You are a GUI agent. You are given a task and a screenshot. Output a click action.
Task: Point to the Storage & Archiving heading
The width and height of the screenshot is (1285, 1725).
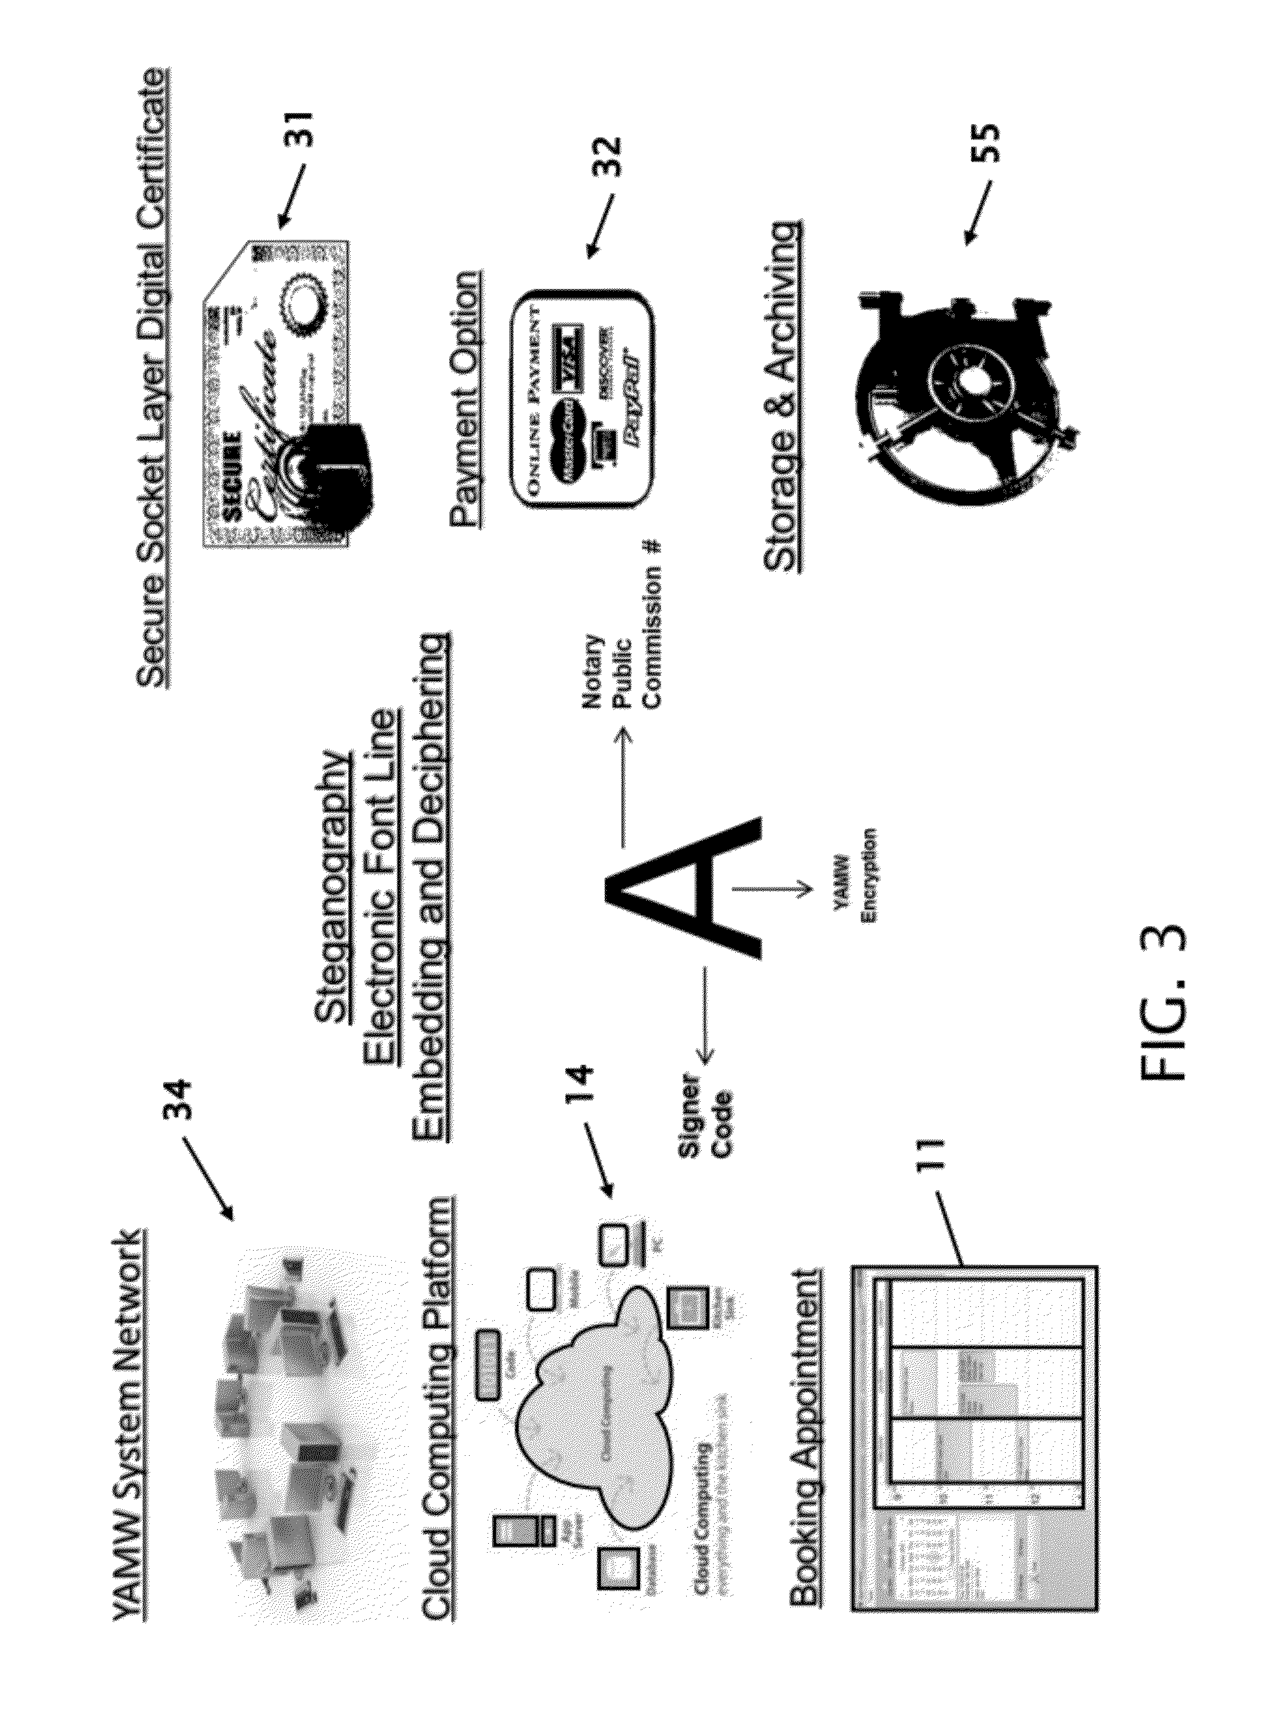click(782, 397)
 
